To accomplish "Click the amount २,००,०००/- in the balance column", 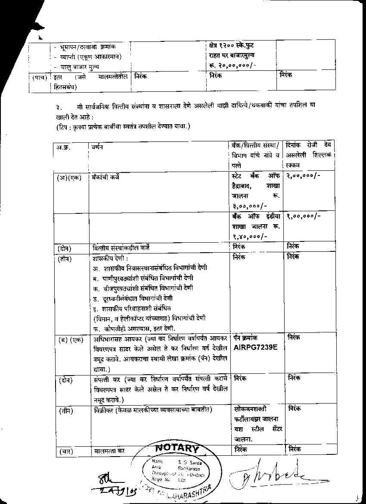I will click(304, 176).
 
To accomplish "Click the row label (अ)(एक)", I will click(69, 177).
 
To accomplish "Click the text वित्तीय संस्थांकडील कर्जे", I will click(121, 248).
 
